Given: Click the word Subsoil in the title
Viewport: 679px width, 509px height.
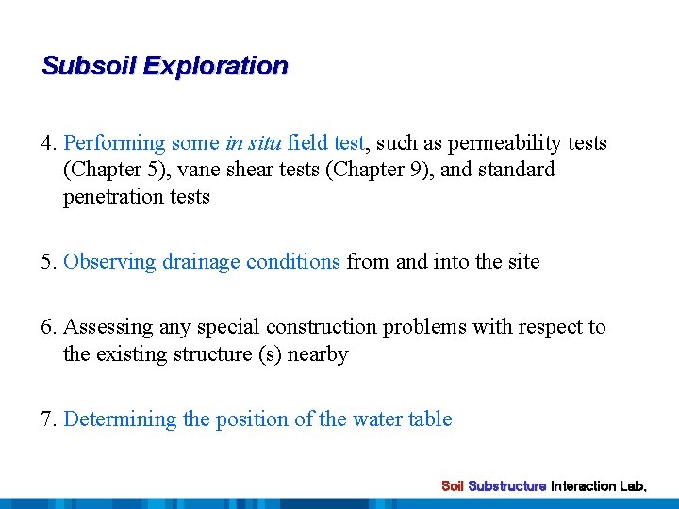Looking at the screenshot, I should point(89,66).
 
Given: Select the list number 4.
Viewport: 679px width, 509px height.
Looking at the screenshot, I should point(48,143).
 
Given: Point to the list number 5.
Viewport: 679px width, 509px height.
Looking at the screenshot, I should point(48,262).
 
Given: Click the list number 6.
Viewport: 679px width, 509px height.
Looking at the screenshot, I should point(48,327).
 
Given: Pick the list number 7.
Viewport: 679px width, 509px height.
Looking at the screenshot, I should point(48,419).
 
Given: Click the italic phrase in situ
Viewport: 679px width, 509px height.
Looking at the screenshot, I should point(254,143).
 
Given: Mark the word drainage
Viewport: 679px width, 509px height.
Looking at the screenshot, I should point(201,262).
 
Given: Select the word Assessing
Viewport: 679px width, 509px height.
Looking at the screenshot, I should point(108,327).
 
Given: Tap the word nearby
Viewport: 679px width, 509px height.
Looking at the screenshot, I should point(321,354).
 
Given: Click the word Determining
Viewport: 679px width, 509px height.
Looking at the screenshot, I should point(120,419).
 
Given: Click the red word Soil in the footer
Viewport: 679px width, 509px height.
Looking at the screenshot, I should point(453,486).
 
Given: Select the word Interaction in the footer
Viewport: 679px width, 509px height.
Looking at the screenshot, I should point(584,486).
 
